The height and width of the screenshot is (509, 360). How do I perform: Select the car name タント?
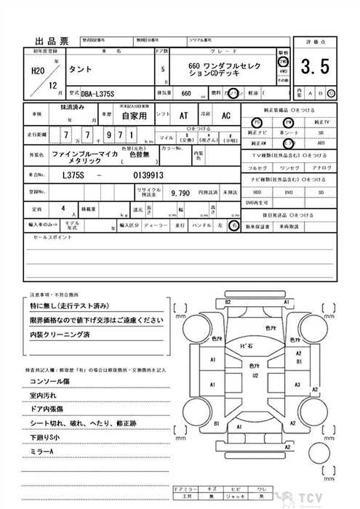pyautogui.click(x=80, y=71)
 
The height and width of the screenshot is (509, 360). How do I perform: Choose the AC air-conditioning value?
pyautogui.click(x=225, y=116)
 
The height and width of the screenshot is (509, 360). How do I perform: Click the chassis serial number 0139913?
pyautogui.click(x=148, y=175)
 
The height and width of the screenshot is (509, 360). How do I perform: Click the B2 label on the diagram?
pyautogui.click(x=228, y=301)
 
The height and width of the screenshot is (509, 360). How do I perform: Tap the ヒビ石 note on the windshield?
pyautogui.click(x=246, y=346)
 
